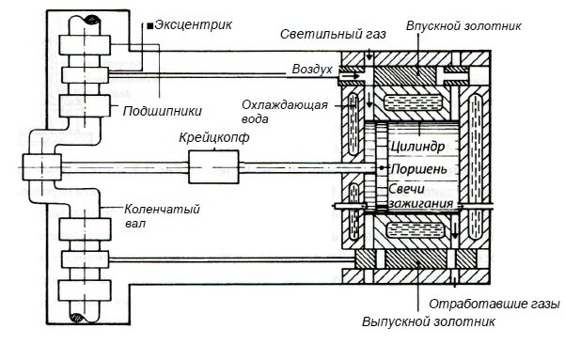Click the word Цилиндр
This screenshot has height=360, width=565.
coord(416,149)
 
